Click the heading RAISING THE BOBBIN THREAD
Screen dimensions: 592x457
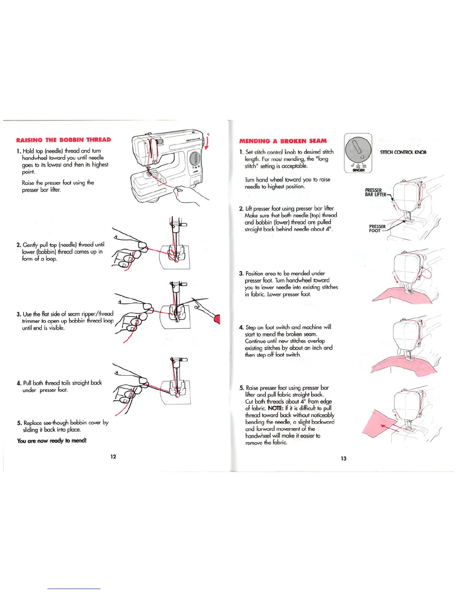(63, 140)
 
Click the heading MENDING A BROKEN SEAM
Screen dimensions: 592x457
(283, 141)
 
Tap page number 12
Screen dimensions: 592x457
(113, 456)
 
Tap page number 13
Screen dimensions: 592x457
(343, 458)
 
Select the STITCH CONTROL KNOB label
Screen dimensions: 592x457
(403, 152)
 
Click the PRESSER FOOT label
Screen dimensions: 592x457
(377, 228)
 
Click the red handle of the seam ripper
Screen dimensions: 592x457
(217, 319)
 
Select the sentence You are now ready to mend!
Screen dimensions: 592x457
(52, 441)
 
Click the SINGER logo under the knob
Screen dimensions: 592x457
(358, 170)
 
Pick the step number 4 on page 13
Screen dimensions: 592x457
(241, 327)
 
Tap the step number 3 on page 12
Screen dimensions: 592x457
(18, 314)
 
